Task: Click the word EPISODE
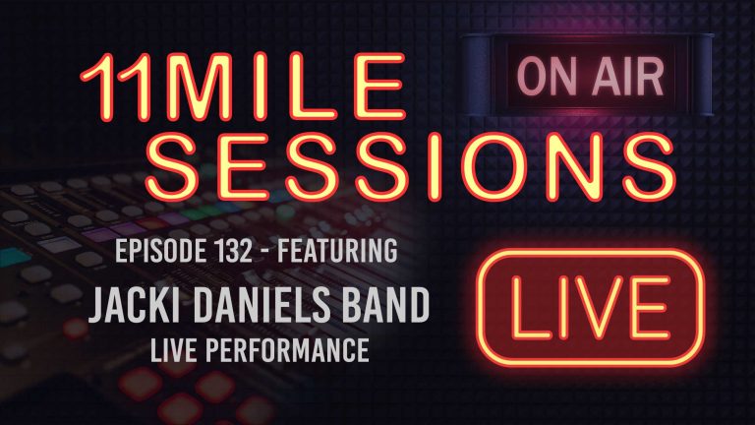point(158,251)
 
